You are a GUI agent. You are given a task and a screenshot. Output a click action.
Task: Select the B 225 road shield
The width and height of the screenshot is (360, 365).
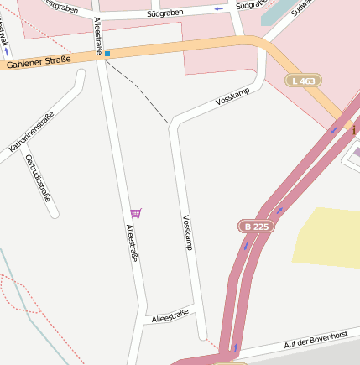[x=256, y=227]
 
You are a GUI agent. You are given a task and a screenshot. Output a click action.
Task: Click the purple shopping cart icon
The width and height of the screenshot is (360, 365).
[x=136, y=213]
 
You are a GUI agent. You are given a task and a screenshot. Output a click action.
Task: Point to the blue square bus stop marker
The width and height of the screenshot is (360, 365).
[x=107, y=55]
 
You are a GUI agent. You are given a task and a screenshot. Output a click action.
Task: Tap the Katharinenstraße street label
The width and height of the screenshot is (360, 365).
[x=31, y=132]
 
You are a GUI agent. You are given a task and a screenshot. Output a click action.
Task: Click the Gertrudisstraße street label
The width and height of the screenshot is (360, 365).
[x=39, y=179]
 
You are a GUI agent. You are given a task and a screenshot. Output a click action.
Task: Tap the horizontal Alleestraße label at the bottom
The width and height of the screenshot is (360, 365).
[x=170, y=316]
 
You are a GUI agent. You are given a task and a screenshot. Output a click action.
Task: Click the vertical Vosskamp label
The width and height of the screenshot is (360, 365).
[x=187, y=232]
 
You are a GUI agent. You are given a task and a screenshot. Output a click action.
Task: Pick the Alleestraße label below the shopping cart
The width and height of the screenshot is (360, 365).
[x=132, y=243]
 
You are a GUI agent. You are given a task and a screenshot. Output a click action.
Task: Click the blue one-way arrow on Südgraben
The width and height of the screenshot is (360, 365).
[x=219, y=9]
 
